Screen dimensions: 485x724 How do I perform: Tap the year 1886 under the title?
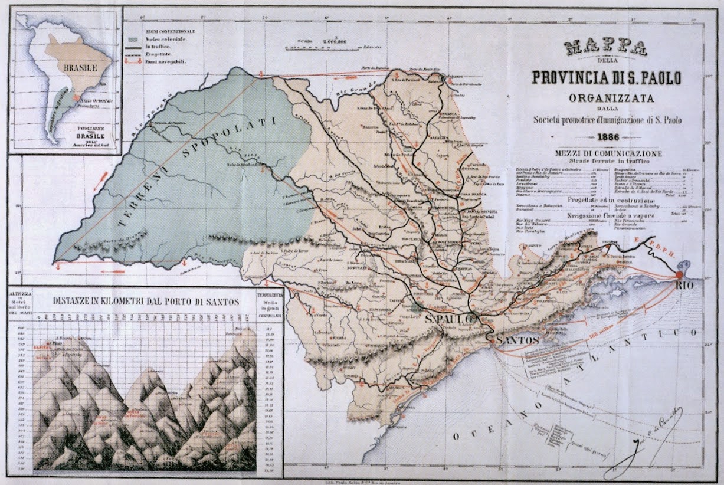(x=607, y=137)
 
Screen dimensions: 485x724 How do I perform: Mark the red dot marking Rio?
(x=679, y=275)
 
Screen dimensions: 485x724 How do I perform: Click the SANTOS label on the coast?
(x=517, y=340)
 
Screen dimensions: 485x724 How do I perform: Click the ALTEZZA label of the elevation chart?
(x=20, y=293)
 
